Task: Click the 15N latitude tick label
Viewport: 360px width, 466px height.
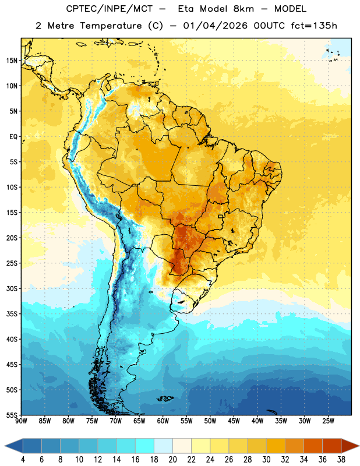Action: pos(12,61)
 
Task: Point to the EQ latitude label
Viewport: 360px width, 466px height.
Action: pos(13,137)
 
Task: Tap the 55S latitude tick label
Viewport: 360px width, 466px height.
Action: pos(12,415)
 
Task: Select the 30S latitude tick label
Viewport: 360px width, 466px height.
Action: pos(12,288)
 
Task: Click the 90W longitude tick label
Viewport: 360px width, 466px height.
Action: pos(21,421)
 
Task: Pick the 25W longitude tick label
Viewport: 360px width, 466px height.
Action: pos(328,421)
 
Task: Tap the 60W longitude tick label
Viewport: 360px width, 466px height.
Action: pos(163,421)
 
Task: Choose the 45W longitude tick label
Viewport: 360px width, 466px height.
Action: pos(234,421)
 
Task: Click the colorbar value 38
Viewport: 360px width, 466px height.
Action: pos(341,460)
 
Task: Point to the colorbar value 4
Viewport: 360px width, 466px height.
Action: pos(23,460)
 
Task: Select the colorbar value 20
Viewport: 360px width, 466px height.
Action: pos(172,460)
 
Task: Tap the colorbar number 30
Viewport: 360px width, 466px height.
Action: pos(266,460)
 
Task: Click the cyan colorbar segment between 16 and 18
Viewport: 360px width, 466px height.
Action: pos(144,446)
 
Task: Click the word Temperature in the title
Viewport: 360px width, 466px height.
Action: pos(111,26)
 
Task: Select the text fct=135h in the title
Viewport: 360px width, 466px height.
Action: pos(314,26)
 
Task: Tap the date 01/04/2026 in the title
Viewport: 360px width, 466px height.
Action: pos(215,26)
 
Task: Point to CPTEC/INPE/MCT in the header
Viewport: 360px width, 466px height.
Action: pos(109,9)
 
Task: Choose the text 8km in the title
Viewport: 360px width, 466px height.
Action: pos(243,9)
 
